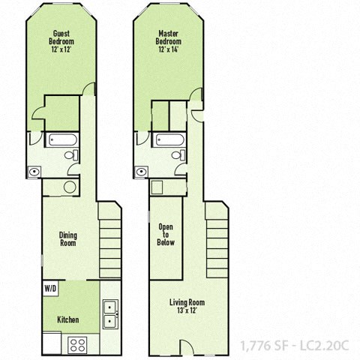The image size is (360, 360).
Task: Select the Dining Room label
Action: [68, 239]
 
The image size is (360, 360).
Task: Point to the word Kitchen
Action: [67, 320]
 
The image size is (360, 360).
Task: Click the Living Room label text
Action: [186, 307]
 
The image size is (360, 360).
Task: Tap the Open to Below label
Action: [166, 234]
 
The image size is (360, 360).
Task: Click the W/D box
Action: [50, 288]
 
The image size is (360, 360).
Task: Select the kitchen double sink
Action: [109, 314]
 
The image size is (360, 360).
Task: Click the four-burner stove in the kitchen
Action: [78, 344]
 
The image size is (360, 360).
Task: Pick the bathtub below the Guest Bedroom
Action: [59, 140]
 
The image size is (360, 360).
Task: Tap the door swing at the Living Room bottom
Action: [187, 346]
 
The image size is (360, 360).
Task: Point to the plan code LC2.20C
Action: [327, 346]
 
